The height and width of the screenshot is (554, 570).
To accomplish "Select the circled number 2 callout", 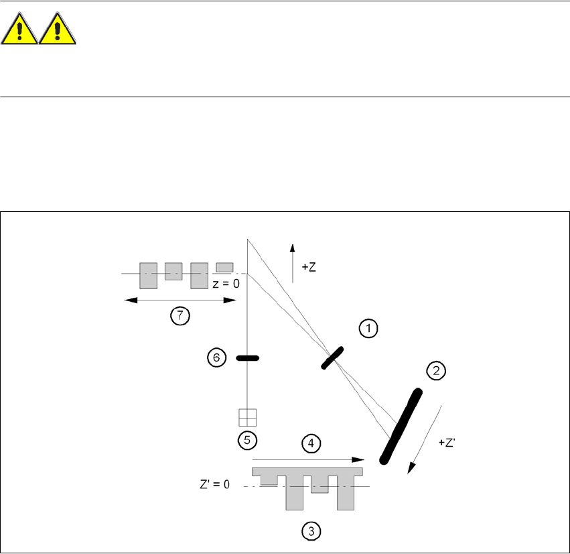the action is pos(436,370).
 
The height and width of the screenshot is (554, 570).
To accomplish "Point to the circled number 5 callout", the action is pos(247,440).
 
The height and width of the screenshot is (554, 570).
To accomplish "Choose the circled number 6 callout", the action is pos(216,358).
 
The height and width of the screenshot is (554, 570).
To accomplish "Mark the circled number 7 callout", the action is pos(180,315).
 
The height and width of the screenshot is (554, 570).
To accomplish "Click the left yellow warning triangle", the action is pos(19,31).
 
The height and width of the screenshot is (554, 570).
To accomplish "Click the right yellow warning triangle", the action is pos(58,31).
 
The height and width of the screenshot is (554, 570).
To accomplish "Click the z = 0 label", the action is pos(226,284).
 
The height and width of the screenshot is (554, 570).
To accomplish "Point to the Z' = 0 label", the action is pos(214,484).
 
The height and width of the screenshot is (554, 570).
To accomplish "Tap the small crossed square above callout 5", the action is pos(248,418).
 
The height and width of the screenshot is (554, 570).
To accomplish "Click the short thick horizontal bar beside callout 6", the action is pos(248,359).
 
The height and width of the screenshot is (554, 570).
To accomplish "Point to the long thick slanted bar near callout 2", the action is pos(401,427).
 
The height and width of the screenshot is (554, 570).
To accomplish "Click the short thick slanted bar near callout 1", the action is pos(333,357).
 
